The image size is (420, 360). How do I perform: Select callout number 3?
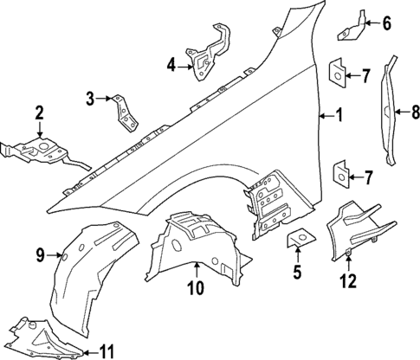(x=90, y=98)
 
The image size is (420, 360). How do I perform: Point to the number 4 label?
(x=171, y=63)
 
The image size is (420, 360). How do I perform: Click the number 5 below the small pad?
(x=296, y=276)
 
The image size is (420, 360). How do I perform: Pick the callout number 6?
(x=386, y=23)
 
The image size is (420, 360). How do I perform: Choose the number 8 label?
(x=416, y=111)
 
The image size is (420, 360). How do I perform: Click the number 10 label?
(x=196, y=287)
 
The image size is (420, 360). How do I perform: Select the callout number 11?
(x=107, y=351)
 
